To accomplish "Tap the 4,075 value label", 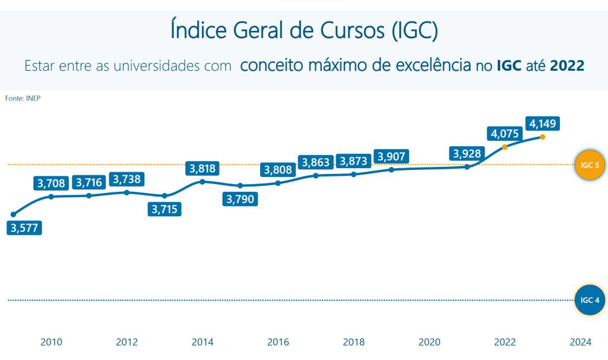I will (504, 133).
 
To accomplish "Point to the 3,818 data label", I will (203, 169).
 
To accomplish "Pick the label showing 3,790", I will (240, 199).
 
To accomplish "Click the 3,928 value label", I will (467, 153).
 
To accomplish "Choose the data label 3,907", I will (391, 157).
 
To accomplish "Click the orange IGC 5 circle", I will (590, 165).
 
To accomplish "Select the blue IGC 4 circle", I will (590, 300).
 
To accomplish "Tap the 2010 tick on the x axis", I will (51, 342).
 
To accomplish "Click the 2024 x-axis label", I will (580, 342).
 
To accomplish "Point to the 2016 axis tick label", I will (278, 342).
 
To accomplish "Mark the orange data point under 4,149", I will (543, 137).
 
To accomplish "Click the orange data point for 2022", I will (505, 147).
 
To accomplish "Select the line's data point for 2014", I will (202, 181).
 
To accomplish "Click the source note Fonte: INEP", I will (23, 99).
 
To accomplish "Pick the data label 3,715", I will (164, 209).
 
